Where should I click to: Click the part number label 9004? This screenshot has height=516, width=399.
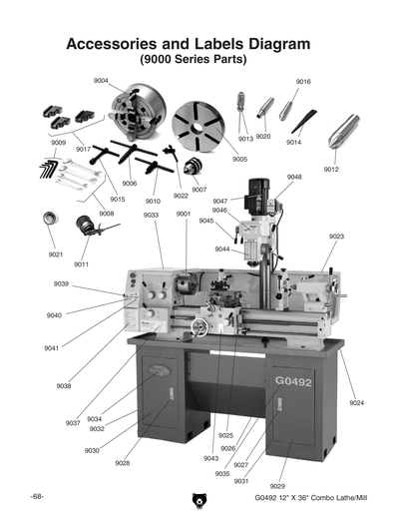(101, 80)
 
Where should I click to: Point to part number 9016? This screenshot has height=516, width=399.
(303, 81)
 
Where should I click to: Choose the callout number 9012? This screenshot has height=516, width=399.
(331, 170)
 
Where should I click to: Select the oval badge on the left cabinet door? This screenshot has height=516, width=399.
(159, 372)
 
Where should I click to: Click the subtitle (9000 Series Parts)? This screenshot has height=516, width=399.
(190, 61)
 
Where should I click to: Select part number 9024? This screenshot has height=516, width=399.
(356, 402)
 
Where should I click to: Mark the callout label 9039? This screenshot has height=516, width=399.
(61, 283)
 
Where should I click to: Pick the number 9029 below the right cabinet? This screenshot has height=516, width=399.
(277, 485)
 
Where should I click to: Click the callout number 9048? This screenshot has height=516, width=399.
(294, 177)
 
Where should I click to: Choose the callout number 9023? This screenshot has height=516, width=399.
(336, 237)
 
